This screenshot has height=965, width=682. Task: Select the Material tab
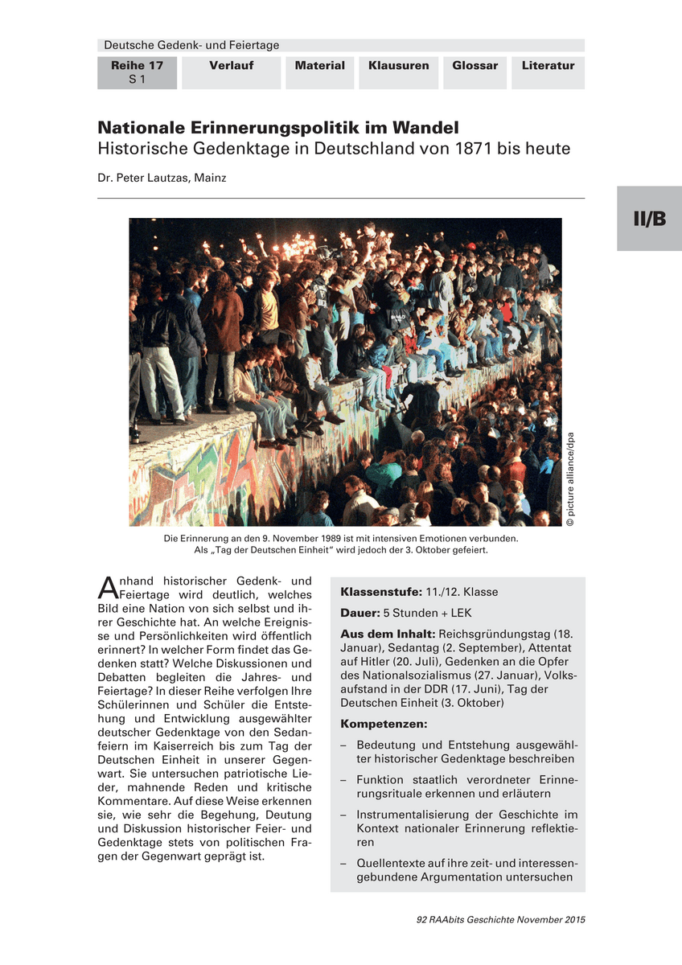click(319, 66)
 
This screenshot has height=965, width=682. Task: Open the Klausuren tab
click(399, 66)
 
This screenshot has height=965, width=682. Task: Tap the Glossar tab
click(475, 66)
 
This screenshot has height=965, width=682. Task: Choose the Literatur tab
click(548, 66)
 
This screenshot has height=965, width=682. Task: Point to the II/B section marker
click(649, 219)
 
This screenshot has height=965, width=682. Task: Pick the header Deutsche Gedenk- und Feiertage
click(191, 45)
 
